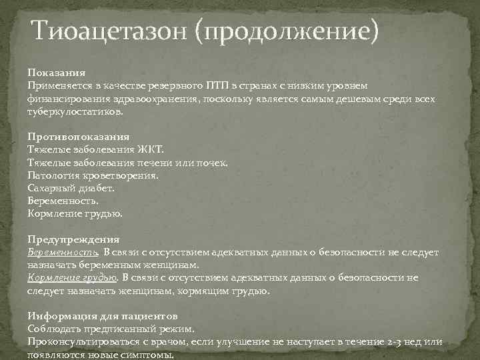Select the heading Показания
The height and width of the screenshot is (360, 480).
coord(57,72)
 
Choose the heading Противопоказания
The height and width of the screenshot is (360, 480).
coord(78,136)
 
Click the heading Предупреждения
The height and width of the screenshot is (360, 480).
coord(73,239)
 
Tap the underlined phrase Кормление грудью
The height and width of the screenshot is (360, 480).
coord(72,278)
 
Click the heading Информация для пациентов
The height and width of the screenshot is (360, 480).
coord(102,316)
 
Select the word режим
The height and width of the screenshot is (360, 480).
coord(180,329)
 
